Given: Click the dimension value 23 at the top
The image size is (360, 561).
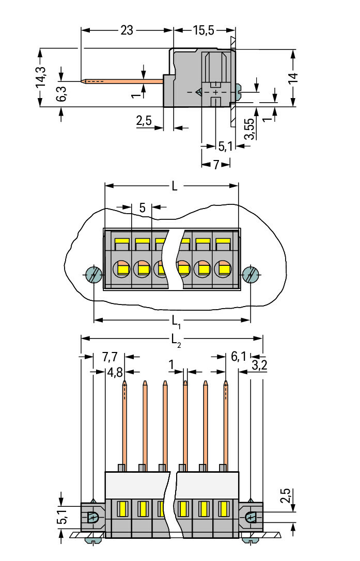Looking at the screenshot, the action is pos(127,30).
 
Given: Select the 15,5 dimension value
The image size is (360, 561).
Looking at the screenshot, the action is pos(204,30).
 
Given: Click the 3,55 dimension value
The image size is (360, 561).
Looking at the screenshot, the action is pos(249,129).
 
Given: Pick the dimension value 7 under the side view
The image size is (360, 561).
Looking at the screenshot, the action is pos(216,165).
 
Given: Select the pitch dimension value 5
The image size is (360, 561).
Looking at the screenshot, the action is pos(142,207).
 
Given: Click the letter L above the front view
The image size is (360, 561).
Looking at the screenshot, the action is pos(175,186).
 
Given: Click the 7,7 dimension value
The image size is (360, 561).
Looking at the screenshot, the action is pos(109,357).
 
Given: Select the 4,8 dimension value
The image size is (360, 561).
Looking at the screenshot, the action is pos(115,373).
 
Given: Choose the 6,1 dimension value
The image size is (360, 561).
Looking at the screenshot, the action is pos(239,356).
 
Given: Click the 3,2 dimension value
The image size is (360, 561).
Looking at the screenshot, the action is pos(259,365).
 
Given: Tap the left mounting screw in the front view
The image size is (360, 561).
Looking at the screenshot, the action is pos(94,275).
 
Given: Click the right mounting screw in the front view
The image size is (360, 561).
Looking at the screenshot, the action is pos(251,275).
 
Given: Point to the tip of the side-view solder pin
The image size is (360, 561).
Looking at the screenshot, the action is pos(82,81).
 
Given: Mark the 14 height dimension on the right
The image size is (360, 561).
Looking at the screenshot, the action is pos(293,78).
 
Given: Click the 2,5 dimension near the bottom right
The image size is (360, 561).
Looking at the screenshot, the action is pos(286,496).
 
